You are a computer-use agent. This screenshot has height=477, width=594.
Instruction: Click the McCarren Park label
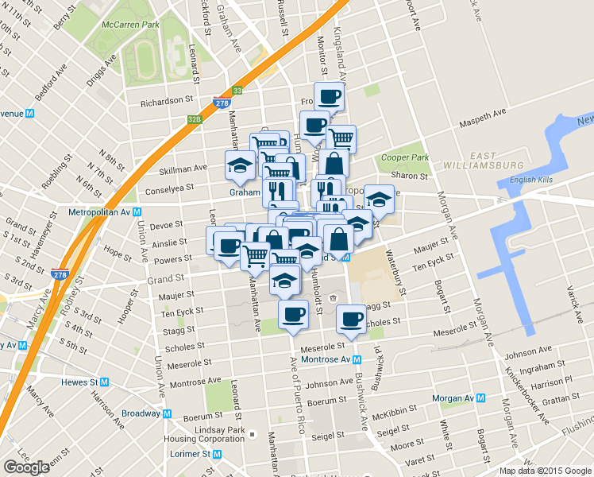tap(130, 25)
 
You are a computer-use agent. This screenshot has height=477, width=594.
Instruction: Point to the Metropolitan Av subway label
tap(99, 212)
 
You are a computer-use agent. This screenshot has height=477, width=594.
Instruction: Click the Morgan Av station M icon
tap(481, 397)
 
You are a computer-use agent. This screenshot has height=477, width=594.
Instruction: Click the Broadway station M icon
tap(167, 413)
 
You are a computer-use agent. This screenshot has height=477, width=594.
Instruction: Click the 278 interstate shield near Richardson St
tap(222, 103)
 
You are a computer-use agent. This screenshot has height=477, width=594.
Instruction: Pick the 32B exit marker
tap(195, 119)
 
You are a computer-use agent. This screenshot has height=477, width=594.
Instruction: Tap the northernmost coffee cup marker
tap(329, 96)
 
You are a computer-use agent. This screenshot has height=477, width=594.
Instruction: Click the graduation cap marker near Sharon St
tap(380, 198)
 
